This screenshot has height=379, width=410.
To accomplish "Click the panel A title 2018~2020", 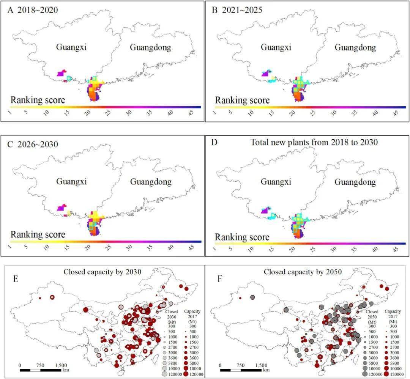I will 37,10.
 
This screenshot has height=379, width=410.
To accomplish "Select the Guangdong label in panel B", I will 355,47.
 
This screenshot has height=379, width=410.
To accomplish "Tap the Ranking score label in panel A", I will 38,100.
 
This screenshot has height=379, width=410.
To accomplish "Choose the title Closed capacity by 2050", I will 303,272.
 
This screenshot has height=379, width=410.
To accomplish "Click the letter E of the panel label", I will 16,279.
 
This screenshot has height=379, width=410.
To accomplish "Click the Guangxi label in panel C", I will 71,181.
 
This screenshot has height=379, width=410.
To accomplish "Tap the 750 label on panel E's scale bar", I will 40,365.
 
